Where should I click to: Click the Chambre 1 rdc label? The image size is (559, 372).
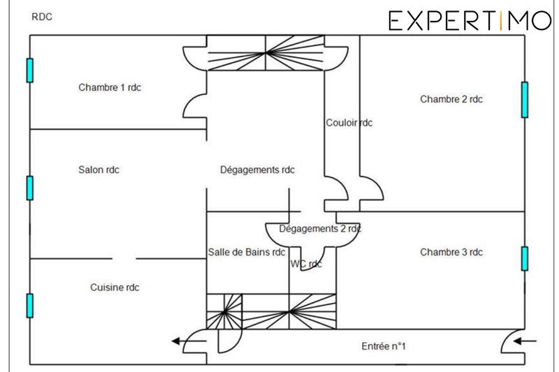(x=110, y=87)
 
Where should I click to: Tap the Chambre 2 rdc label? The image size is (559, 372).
(x=451, y=99)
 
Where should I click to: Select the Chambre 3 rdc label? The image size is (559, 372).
(x=451, y=252)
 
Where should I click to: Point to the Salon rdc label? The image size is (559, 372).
(x=99, y=170)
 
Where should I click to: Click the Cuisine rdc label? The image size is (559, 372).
(x=115, y=288)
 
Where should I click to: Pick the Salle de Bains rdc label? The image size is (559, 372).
(x=247, y=252)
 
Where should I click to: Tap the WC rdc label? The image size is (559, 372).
(x=306, y=264)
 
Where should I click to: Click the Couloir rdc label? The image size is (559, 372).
(x=349, y=123)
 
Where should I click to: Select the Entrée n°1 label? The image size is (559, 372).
(x=384, y=346)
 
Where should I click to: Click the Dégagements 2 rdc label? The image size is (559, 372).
(x=320, y=228)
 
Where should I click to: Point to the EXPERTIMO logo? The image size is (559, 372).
(x=470, y=21)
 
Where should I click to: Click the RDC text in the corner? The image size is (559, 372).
(x=42, y=17)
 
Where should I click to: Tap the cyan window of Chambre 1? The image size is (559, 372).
(x=30, y=70)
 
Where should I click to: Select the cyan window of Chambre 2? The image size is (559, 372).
(x=525, y=100)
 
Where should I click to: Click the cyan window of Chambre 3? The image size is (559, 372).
(x=525, y=258)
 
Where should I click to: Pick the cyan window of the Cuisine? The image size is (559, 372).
(x=30, y=306)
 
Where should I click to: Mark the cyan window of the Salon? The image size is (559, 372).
(x=30, y=188)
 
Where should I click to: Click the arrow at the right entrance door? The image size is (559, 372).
(x=525, y=341)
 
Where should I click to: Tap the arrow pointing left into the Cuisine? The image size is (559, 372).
(x=189, y=341)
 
